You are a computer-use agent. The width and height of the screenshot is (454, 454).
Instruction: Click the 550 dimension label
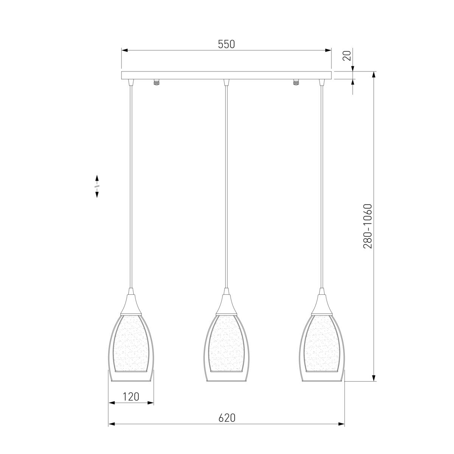click(x=226, y=44)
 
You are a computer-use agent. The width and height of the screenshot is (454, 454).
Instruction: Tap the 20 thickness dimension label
click(x=347, y=56)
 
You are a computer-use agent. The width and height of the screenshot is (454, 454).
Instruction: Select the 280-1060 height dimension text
click(x=367, y=226)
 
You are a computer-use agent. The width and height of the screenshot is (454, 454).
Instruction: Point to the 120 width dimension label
click(x=131, y=397)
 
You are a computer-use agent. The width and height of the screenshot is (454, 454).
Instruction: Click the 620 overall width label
click(x=227, y=418)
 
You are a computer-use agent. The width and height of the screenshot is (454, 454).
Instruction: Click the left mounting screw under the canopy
click(x=156, y=82)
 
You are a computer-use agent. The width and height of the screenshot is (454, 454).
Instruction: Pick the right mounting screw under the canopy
click(x=296, y=82)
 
